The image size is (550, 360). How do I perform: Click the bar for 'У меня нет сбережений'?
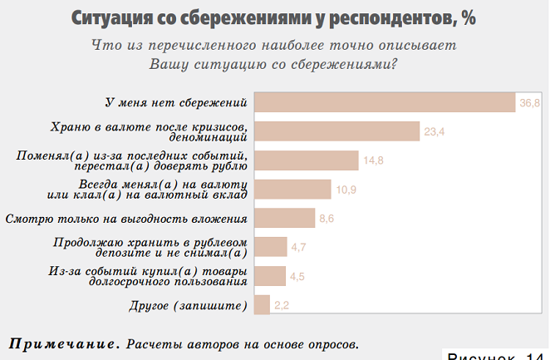click(x=385, y=102)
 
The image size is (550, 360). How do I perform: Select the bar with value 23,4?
click(x=336, y=131)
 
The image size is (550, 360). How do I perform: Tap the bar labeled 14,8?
click(x=306, y=160)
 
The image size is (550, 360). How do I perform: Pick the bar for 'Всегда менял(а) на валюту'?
click(x=292, y=190)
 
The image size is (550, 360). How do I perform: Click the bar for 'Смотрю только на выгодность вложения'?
click(x=283, y=219)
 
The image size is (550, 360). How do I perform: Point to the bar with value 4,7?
click(x=269, y=247)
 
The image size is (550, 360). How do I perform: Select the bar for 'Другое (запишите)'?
click(x=262, y=305)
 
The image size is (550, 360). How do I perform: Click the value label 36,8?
click(x=530, y=103)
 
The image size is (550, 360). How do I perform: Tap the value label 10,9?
click(x=346, y=190)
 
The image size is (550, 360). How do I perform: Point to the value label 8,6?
click(x=327, y=219)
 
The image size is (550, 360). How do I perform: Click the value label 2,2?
click(x=282, y=306)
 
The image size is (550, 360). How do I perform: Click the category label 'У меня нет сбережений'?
click(x=177, y=103)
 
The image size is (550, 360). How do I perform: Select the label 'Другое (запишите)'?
click(x=189, y=306)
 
